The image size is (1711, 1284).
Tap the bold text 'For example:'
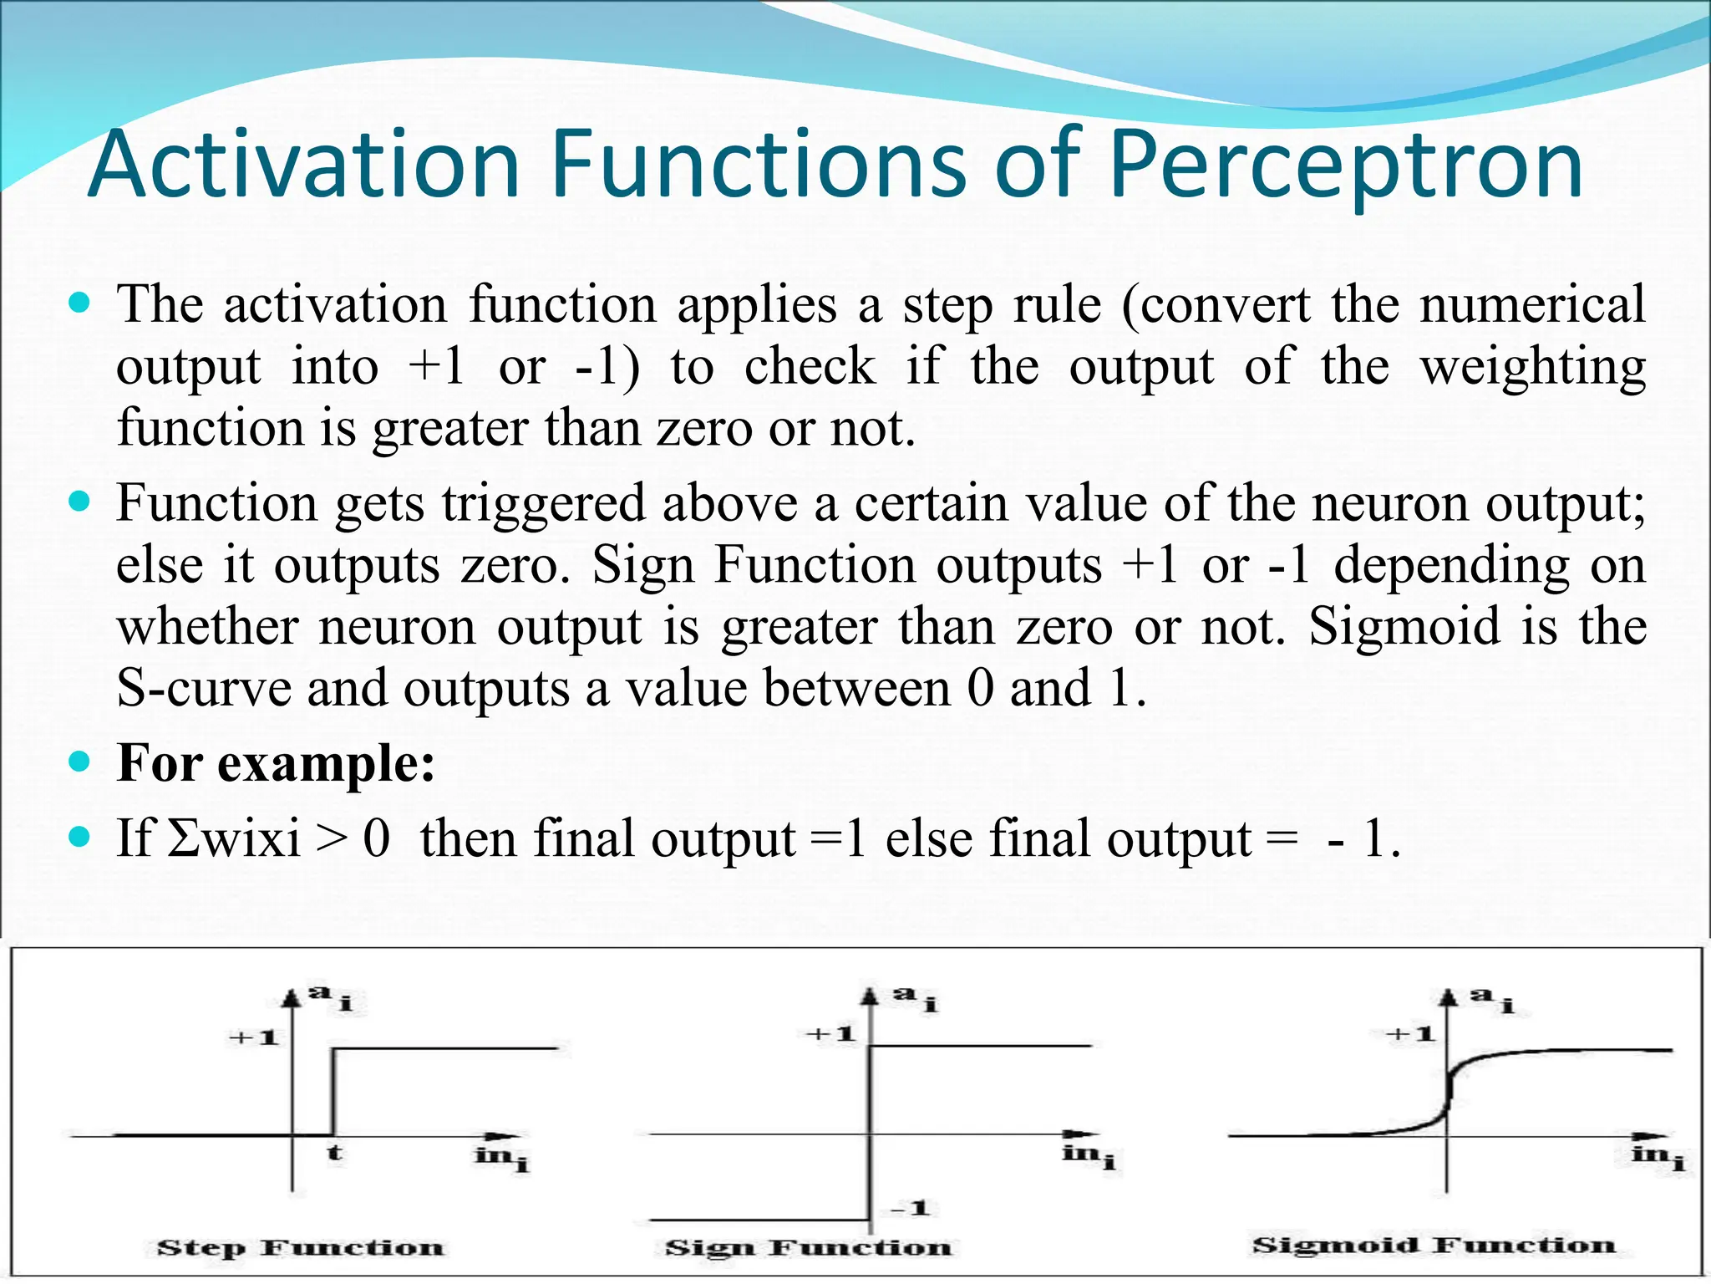[276, 762]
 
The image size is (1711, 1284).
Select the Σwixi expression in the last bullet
[234, 838]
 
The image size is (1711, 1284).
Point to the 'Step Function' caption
[301, 1248]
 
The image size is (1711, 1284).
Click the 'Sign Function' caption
[808, 1248]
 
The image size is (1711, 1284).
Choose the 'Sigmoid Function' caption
[1434, 1246]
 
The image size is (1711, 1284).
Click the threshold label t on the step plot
[334, 1154]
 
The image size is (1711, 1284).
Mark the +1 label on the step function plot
[254, 1038]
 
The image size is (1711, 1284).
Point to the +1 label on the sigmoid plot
[1410, 1035]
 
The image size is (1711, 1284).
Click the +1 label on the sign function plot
[830, 1035]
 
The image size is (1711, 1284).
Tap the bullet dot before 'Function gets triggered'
[80, 502]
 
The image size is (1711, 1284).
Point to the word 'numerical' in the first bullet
[1532, 304]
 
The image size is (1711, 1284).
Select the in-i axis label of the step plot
[501, 1157]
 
